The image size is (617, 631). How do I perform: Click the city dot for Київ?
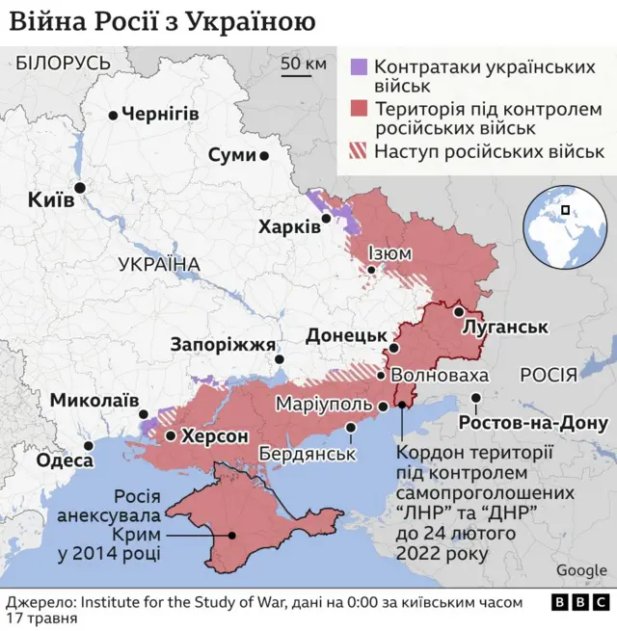coord(80,188)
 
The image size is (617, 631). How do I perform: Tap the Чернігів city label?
coord(160,115)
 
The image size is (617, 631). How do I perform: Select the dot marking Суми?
coord(264,155)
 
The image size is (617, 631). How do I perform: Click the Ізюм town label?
coord(389,253)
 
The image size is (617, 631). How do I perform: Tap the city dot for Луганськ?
coord(459,312)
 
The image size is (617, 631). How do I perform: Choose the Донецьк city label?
coord(346,335)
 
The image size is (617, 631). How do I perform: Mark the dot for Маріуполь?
coord(383,407)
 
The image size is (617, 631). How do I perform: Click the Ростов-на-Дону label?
coord(533,423)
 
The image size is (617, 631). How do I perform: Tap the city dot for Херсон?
coord(171,436)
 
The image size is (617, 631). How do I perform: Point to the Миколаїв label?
coord(94,400)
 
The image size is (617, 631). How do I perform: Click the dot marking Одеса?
coord(90,445)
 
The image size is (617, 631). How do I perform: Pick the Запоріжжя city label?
coord(223,344)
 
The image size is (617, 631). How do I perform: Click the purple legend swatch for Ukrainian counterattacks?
coord(358,67)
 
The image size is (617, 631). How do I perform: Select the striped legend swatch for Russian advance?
coord(358,151)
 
